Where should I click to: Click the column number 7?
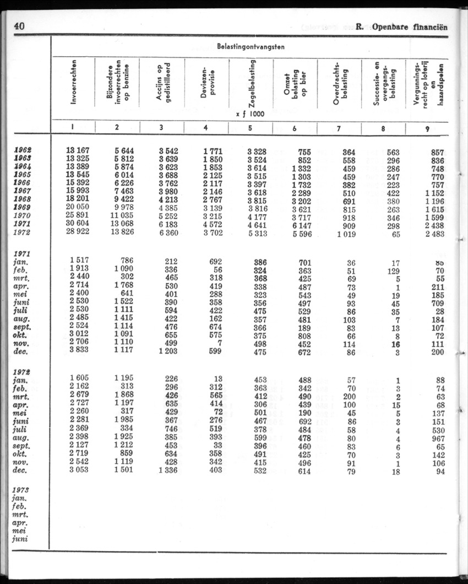(338, 128)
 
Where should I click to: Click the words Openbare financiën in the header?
(410, 26)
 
